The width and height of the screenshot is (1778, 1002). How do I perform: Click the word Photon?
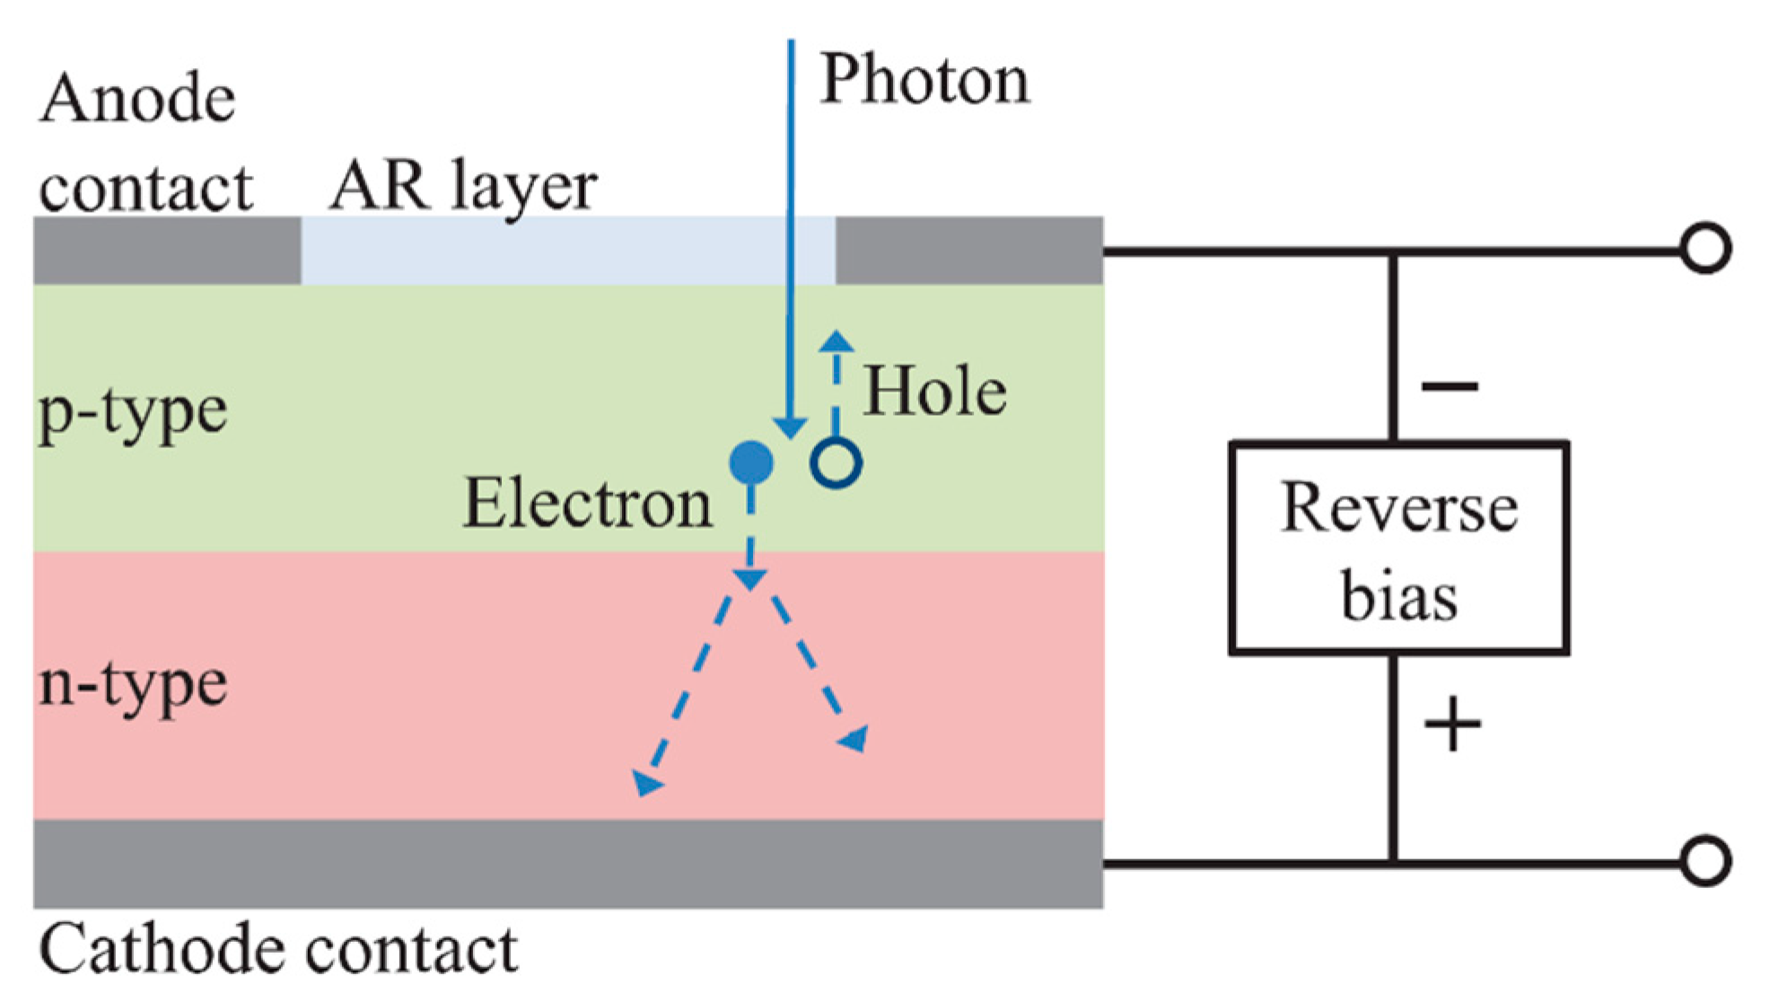(924, 81)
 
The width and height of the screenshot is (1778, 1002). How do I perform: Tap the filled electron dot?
(751, 463)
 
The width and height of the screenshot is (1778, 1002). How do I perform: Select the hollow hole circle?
(836, 463)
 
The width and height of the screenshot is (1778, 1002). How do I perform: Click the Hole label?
(934, 392)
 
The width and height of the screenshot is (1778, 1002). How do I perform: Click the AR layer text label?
(463, 186)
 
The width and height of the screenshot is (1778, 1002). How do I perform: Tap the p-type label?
(133, 413)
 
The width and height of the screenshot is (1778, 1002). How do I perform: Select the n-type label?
(133, 684)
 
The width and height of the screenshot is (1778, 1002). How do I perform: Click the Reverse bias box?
(1398, 548)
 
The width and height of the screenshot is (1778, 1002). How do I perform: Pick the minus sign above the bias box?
(1450, 387)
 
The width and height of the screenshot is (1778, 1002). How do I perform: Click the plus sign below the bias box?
(1451, 725)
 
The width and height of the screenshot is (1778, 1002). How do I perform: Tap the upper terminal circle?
(1705, 249)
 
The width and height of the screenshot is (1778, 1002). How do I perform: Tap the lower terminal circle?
(1705, 862)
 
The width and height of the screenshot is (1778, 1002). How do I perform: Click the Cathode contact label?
(278, 950)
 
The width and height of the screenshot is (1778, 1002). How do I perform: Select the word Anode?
(137, 99)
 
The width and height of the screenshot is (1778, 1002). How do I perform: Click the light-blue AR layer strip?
(567, 250)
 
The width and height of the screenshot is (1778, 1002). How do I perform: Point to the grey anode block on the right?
(969, 250)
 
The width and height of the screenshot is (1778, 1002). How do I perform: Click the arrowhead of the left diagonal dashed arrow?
(646, 783)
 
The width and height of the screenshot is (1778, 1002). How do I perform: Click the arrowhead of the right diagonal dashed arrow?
(855, 739)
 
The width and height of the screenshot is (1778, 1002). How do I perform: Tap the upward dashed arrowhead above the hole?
(836, 341)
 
